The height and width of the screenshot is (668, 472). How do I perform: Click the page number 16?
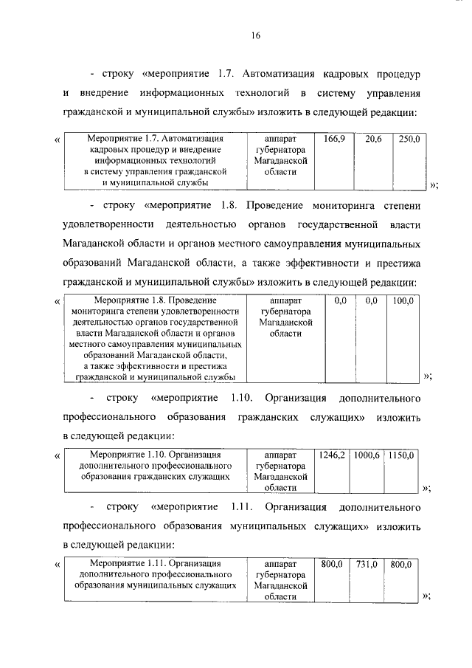(x=254, y=35)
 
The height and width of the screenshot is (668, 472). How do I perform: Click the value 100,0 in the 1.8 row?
(x=403, y=300)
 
